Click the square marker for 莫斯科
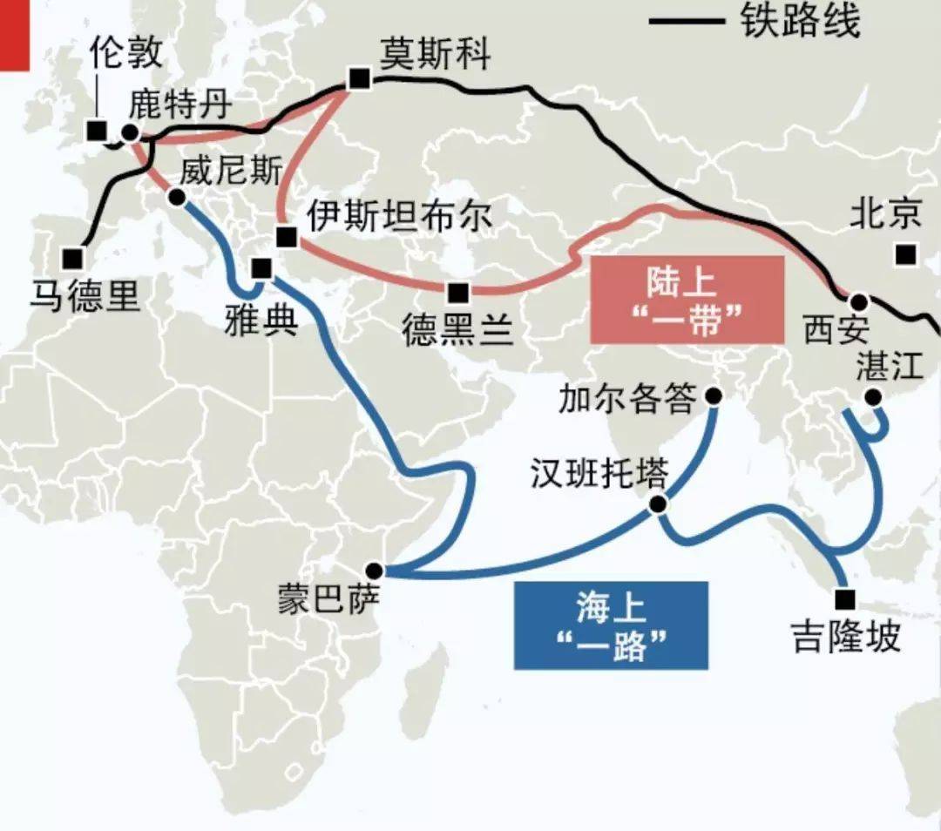tap(358, 79)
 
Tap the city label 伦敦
tap(125, 53)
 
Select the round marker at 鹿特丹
tap(131, 132)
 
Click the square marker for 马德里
tap(72, 259)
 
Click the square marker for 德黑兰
tap(457, 292)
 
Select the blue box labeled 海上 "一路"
tap(610, 625)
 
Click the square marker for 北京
tap(906, 254)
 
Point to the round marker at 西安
tap(859, 302)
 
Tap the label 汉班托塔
tap(599, 475)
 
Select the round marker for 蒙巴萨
tap(374, 571)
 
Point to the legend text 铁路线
tap(801, 22)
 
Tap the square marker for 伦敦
tap(97, 131)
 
